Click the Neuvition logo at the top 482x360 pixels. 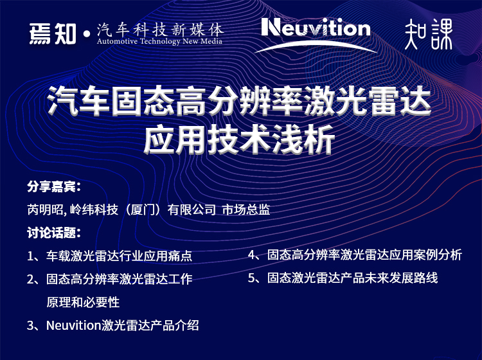click(x=316, y=28)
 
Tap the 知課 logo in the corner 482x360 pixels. click(x=429, y=34)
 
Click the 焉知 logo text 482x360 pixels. click(x=53, y=34)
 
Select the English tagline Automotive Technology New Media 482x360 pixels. click(x=159, y=41)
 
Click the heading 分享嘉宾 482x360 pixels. click(x=54, y=186)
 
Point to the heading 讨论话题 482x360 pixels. click(x=54, y=233)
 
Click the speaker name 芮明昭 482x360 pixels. click(x=45, y=210)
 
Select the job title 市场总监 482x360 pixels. click(x=246, y=210)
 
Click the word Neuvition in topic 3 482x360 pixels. click(x=74, y=325)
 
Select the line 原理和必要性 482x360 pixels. click(x=83, y=302)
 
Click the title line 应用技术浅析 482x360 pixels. click(x=239, y=139)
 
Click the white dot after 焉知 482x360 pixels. click(x=86, y=35)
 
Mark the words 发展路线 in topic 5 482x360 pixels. click(x=413, y=278)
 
